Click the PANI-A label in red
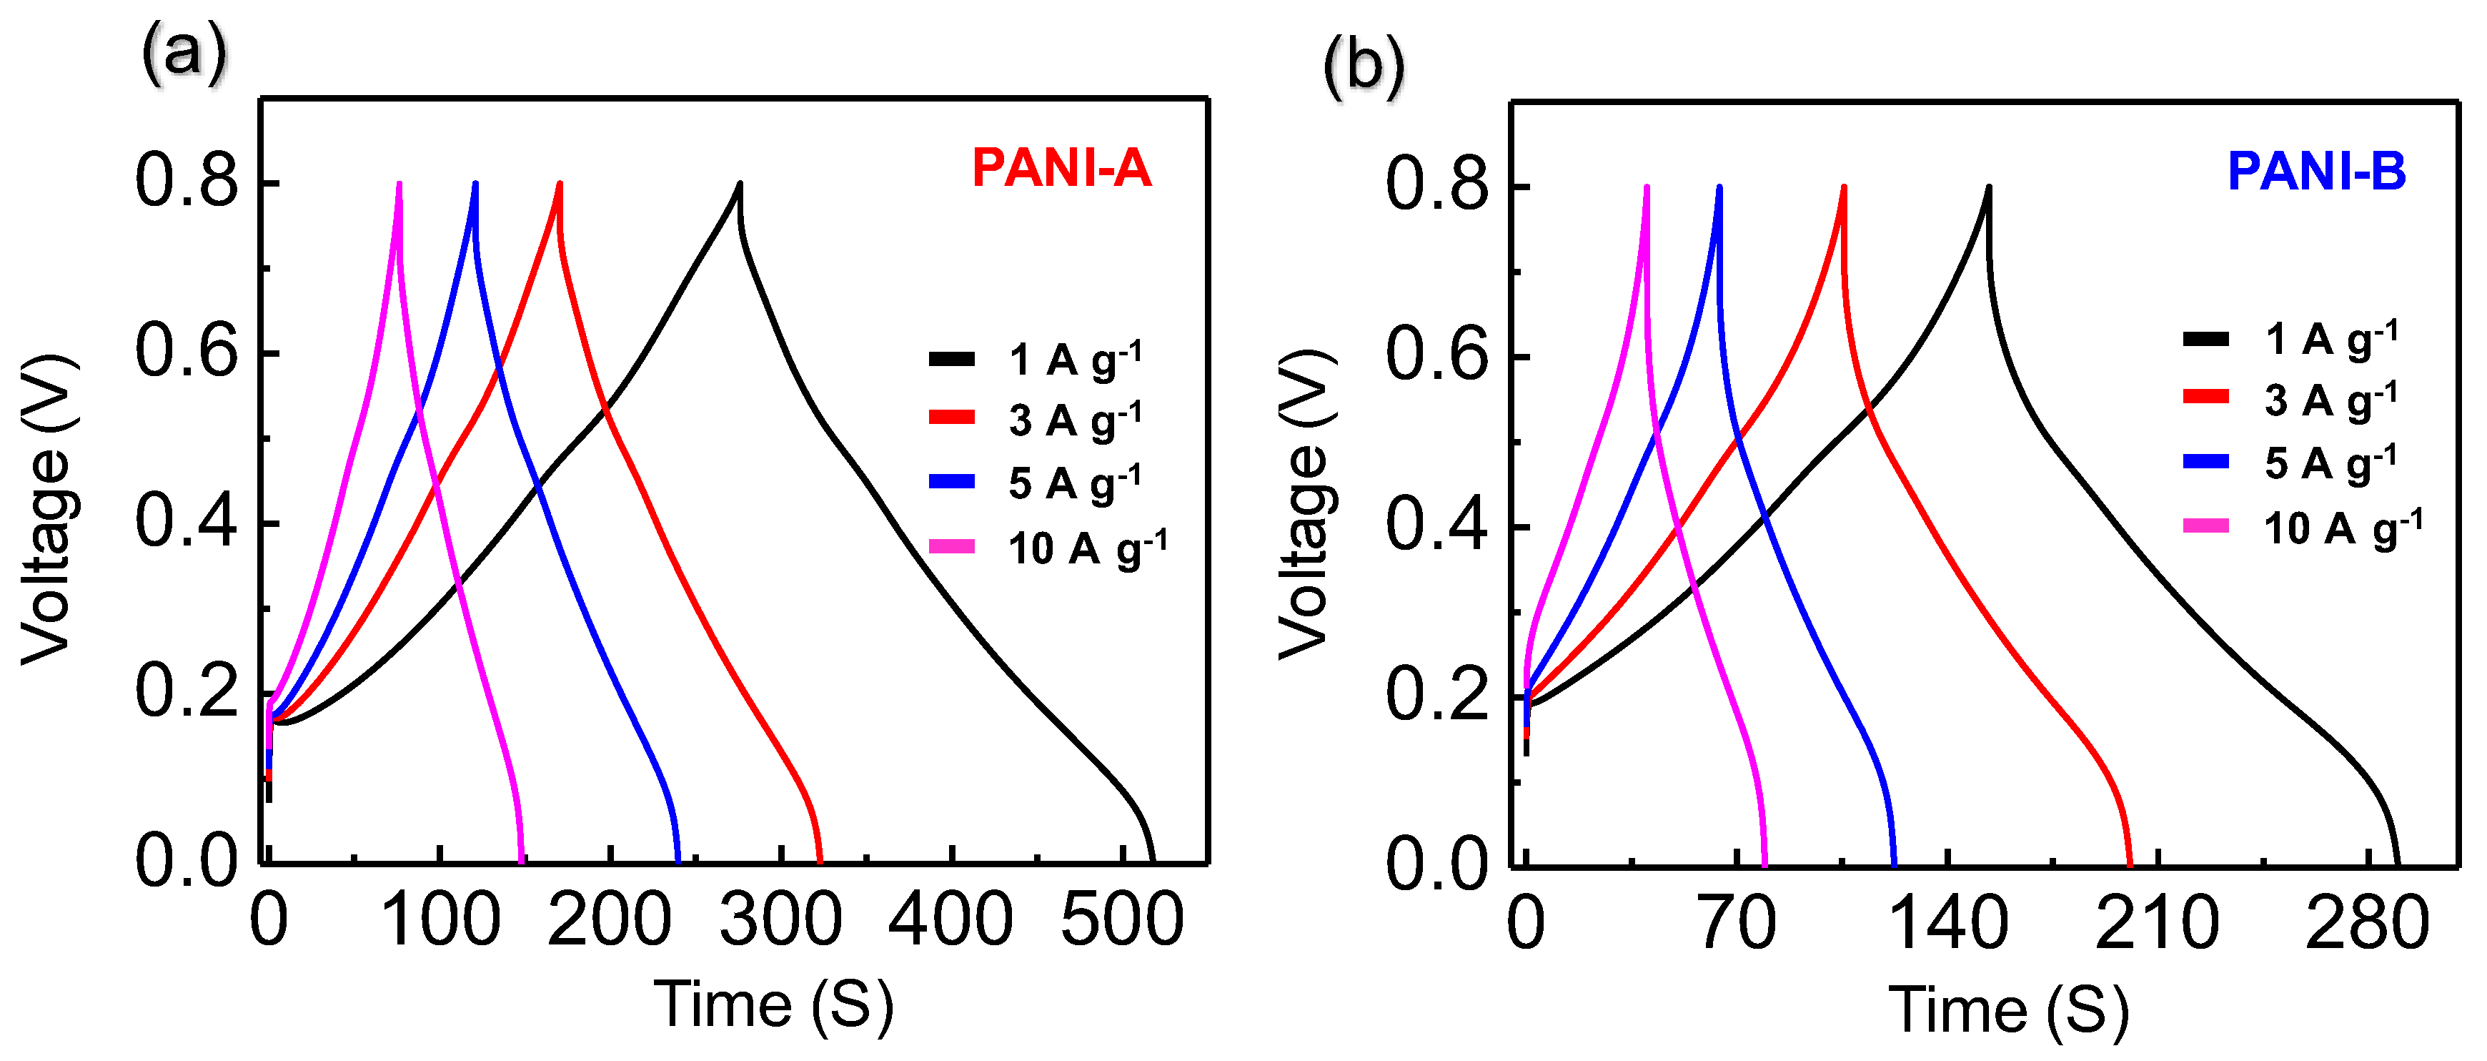point(1061,169)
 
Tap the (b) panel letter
point(1364,66)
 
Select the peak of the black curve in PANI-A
point(740,184)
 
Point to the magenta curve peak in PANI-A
point(399,184)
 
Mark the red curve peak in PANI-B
point(1843,187)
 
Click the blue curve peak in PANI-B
point(1719,187)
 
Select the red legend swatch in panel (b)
point(2205,397)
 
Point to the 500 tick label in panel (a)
point(1122,920)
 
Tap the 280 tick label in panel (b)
point(2366,924)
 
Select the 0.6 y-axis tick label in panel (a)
point(187,352)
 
